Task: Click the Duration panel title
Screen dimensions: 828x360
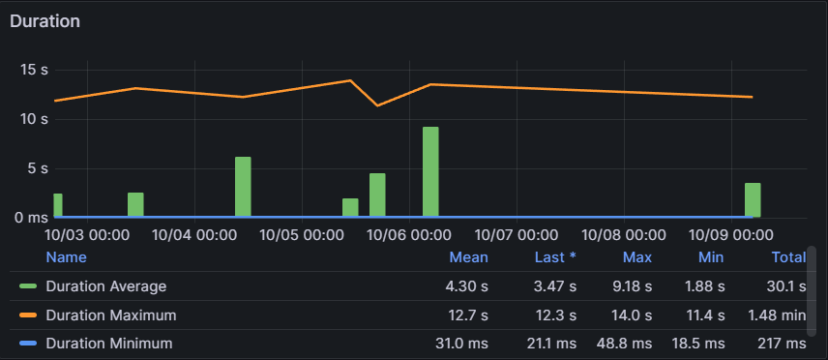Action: (44, 21)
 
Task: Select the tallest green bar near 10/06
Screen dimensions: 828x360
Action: (430, 172)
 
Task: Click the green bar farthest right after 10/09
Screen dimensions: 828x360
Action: (753, 199)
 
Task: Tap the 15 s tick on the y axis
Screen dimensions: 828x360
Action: (34, 70)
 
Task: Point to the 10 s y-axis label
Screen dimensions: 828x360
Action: (34, 119)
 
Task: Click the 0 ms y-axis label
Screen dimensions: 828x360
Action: (31, 218)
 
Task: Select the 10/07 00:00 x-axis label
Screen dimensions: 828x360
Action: (516, 235)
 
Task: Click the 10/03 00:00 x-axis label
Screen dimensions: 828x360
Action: (87, 235)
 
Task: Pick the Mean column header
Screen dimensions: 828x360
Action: (469, 257)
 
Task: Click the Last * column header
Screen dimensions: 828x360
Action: (555, 257)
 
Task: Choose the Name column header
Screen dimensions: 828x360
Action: (66, 257)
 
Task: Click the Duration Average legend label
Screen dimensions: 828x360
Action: (106, 286)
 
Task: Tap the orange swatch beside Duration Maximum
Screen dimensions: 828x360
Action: (28, 315)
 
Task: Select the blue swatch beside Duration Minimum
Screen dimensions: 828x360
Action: (28, 345)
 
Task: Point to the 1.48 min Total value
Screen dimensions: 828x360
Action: (777, 315)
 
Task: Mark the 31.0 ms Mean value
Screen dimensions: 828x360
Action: (458, 345)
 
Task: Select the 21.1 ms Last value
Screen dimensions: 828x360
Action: (551, 345)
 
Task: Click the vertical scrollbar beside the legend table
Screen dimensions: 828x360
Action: (812, 290)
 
